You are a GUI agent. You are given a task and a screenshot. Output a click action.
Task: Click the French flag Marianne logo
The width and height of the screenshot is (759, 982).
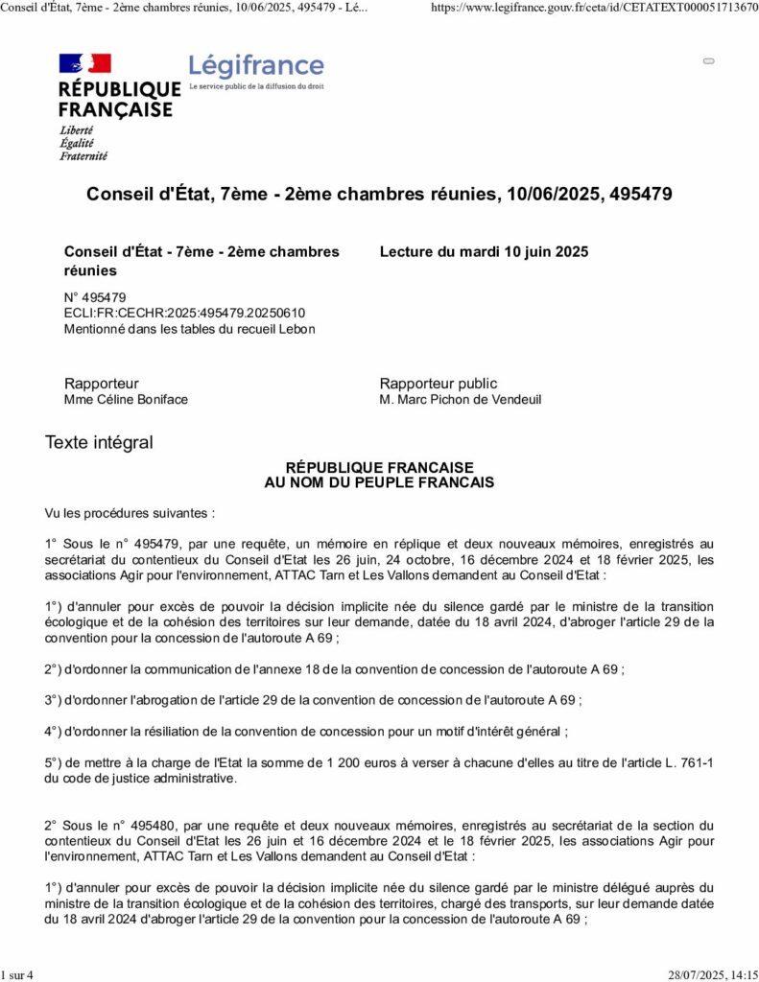pyautogui.click(x=85, y=64)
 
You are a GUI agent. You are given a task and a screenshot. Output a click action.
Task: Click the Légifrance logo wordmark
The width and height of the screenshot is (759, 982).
pyautogui.click(x=256, y=65)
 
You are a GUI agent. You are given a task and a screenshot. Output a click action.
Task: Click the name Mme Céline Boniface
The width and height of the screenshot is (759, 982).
pyautogui.click(x=126, y=399)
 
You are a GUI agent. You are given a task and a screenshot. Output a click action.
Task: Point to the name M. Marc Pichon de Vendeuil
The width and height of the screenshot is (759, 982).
pyautogui.click(x=461, y=399)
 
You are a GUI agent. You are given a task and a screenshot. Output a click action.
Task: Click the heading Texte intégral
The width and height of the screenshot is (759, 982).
pyautogui.click(x=99, y=442)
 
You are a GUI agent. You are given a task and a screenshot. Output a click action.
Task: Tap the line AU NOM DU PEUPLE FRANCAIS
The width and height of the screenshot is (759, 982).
pyautogui.click(x=379, y=482)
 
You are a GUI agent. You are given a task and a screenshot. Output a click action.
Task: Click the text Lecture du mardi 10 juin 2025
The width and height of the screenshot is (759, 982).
pyautogui.click(x=484, y=251)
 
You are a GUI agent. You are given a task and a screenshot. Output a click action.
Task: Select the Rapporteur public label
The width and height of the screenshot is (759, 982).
pyautogui.click(x=439, y=384)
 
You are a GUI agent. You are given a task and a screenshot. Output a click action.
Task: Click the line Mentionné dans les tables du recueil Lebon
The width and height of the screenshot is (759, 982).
pyautogui.click(x=189, y=329)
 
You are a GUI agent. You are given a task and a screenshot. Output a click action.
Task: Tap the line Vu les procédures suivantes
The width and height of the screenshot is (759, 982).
pyautogui.click(x=130, y=513)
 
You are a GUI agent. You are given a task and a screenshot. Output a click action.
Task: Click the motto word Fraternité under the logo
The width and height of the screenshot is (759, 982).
pyautogui.click(x=83, y=155)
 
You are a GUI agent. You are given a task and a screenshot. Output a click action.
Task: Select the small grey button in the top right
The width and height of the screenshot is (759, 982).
pyautogui.click(x=709, y=60)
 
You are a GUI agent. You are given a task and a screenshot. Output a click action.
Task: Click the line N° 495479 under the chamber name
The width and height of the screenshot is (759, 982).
pyautogui.click(x=95, y=297)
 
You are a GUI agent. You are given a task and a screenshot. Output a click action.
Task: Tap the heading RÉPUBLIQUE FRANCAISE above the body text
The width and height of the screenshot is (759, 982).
pyautogui.click(x=380, y=467)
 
